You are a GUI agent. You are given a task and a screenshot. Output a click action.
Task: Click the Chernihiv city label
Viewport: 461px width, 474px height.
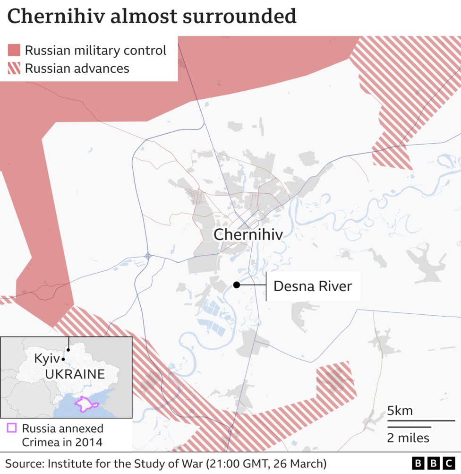tap(248, 234)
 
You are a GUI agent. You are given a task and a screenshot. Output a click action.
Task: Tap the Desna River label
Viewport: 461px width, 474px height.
tap(313, 286)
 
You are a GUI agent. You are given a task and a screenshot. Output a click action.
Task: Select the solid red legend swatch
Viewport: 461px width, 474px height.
tap(14, 50)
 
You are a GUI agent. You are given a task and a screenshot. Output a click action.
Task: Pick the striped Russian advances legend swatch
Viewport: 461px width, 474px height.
tap(14, 68)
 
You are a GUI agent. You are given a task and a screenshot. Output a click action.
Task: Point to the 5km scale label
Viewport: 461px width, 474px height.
tap(400, 411)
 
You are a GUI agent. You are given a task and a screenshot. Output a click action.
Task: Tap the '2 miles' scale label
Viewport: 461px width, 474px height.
tap(408, 438)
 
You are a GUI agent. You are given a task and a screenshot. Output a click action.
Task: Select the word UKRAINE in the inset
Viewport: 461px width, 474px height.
tap(75, 374)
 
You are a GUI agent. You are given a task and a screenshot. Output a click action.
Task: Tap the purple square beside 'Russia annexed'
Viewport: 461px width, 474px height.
tap(12, 429)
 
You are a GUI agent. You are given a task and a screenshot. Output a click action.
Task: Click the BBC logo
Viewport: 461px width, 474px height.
tap(433, 463)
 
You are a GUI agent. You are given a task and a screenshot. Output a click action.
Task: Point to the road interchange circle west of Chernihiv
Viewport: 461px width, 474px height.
tap(148, 256)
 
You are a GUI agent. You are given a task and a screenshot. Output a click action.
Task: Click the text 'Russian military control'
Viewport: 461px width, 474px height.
tap(95, 50)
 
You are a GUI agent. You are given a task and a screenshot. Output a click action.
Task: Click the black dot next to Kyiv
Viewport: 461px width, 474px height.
tap(63, 359)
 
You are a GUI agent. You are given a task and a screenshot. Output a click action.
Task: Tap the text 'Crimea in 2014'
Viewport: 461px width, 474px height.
tap(62, 442)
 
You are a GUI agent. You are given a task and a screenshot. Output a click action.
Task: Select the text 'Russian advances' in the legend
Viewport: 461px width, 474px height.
tap(77, 68)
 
